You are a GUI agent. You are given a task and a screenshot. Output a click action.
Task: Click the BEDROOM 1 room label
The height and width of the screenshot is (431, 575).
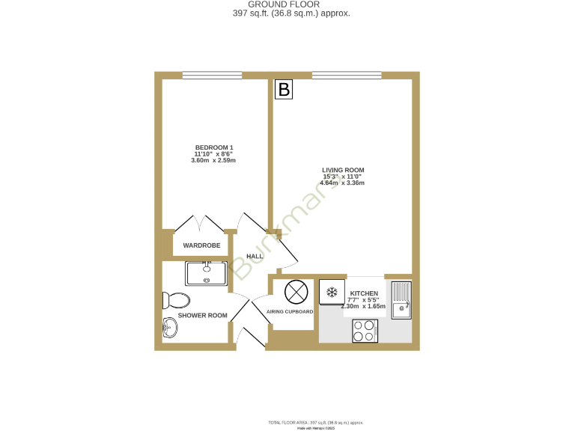(214, 147)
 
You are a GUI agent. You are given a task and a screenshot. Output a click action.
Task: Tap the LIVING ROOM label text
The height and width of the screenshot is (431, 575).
(343, 170)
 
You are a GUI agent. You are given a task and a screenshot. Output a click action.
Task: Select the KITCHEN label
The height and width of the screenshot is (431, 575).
(364, 293)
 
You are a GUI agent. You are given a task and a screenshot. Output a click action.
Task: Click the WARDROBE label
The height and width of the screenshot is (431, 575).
(201, 245)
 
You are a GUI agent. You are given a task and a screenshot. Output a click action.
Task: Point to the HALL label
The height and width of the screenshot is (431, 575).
(255, 257)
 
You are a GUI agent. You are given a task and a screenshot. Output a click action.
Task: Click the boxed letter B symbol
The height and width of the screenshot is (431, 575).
(284, 90)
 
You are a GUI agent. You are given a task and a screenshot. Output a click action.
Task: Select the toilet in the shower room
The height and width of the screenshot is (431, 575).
(175, 300)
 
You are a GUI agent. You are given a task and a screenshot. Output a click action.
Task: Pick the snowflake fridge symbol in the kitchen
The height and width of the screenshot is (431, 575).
(332, 292)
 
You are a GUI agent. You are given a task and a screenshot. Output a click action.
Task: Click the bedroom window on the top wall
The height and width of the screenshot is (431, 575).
(212, 74)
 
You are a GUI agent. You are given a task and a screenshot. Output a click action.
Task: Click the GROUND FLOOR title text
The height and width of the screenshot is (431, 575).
(288, 4)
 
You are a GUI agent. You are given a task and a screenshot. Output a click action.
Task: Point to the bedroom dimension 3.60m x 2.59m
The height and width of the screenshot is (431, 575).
(214, 160)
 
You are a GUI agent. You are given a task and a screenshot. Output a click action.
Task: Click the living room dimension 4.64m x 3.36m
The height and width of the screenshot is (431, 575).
(343, 183)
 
